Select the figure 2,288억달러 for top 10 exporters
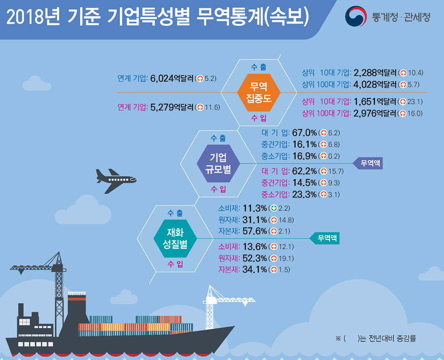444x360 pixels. point(374,73)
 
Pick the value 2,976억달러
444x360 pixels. point(374,113)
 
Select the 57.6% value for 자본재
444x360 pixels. point(256,231)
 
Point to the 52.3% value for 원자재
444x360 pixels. point(256,258)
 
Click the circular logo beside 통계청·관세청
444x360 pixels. point(356,17)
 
